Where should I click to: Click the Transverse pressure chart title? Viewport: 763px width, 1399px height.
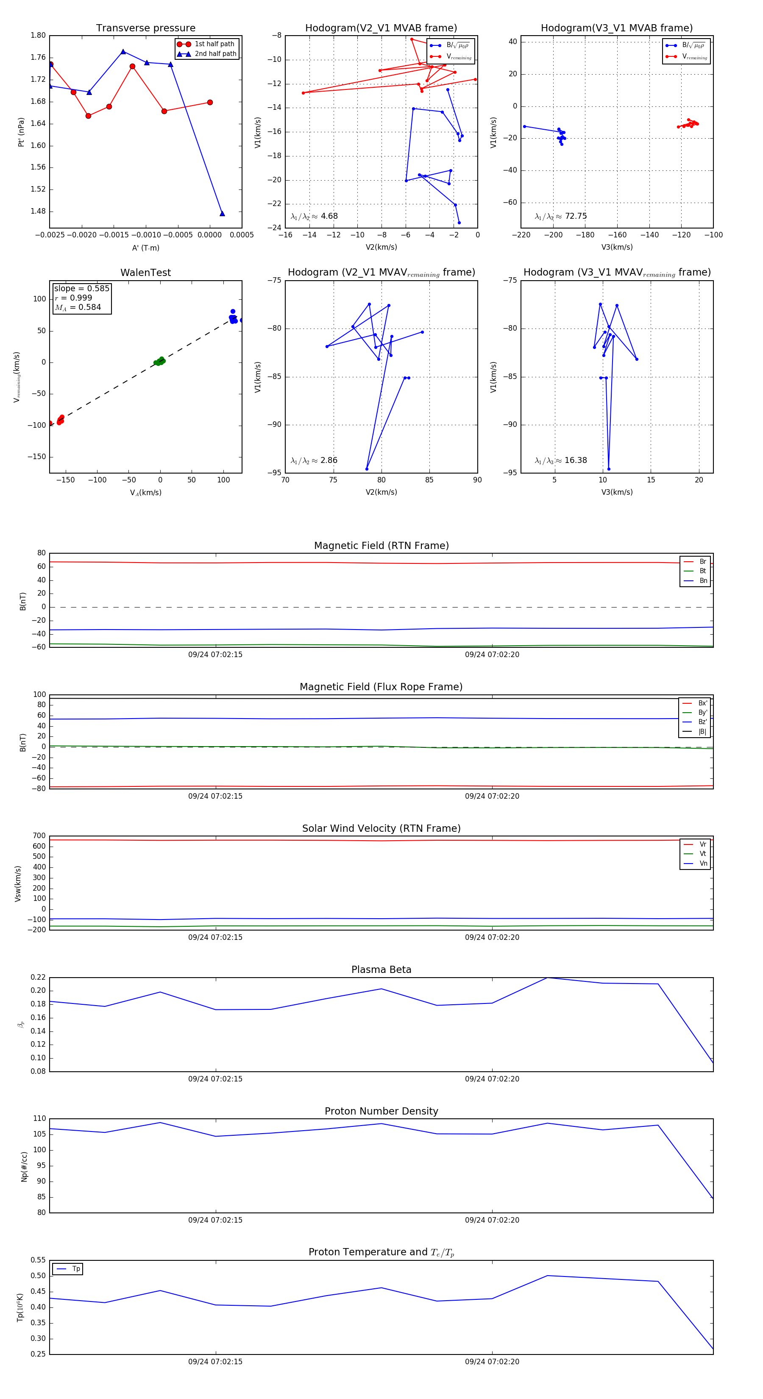pyautogui.click(x=145, y=28)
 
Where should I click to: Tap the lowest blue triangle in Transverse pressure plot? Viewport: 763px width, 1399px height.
pyautogui.click(x=222, y=213)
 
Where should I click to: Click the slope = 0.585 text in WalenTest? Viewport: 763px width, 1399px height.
pyautogui.click(x=81, y=288)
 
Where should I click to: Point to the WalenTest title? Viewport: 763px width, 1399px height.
pyautogui.click(x=145, y=273)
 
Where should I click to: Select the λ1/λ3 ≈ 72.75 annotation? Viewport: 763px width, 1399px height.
pyautogui.click(x=560, y=216)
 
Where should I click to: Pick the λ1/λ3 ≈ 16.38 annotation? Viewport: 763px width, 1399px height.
pyautogui.click(x=560, y=460)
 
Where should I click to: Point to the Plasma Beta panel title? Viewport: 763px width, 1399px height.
pyautogui.click(x=381, y=970)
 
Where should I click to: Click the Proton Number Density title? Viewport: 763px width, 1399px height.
pyautogui.click(x=381, y=1111)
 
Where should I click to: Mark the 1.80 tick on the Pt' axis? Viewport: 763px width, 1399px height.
pyautogui.click(x=38, y=35)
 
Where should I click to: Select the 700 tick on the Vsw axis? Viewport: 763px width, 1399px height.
pyautogui.click(x=39, y=836)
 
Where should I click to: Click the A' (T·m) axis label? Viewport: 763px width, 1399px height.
pyautogui.click(x=145, y=248)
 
